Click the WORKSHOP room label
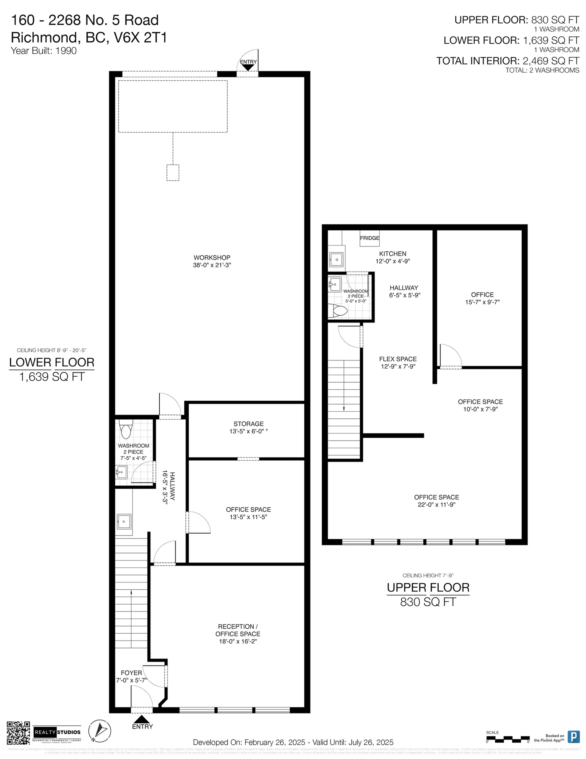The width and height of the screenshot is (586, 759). pyautogui.click(x=212, y=257)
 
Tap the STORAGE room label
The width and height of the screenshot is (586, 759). pyautogui.click(x=248, y=424)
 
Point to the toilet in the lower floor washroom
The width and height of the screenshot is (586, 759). pyautogui.click(x=126, y=429)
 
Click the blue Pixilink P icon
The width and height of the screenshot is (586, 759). pyautogui.click(x=573, y=736)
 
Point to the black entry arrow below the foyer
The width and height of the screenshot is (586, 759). pyautogui.click(x=141, y=719)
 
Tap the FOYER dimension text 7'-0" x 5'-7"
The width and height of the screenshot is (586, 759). pyautogui.click(x=132, y=680)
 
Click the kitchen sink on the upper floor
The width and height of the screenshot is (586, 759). pyautogui.click(x=337, y=259)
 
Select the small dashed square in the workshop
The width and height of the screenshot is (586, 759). pyautogui.click(x=173, y=173)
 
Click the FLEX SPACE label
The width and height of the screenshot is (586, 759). pyautogui.click(x=398, y=359)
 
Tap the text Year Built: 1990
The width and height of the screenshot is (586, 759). pyautogui.click(x=44, y=51)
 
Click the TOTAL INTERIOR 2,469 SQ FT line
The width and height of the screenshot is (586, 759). pyautogui.click(x=508, y=61)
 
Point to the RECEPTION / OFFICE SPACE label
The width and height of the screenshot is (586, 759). pyautogui.click(x=237, y=630)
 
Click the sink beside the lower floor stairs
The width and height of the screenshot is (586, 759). pyautogui.click(x=124, y=522)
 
